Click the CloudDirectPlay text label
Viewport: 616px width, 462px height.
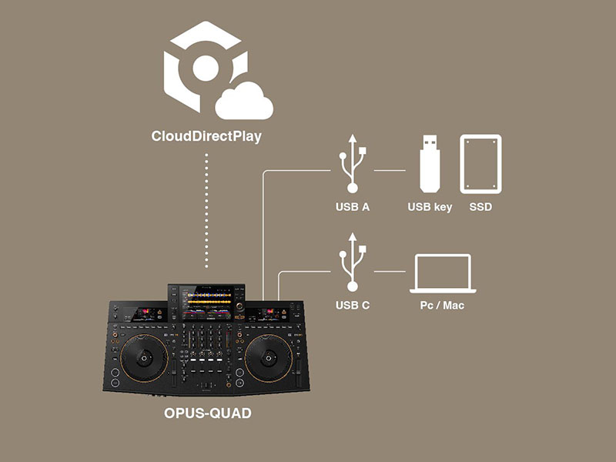(x=207, y=139)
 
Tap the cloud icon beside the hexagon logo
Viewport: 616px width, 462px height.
(x=244, y=102)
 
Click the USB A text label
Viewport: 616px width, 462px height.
(x=353, y=207)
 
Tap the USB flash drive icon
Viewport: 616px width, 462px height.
(x=429, y=163)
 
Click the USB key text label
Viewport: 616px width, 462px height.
(x=430, y=207)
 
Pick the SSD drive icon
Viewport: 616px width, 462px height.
(x=480, y=164)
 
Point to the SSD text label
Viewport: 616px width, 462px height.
(x=480, y=207)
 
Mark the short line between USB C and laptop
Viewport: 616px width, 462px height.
(x=390, y=270)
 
